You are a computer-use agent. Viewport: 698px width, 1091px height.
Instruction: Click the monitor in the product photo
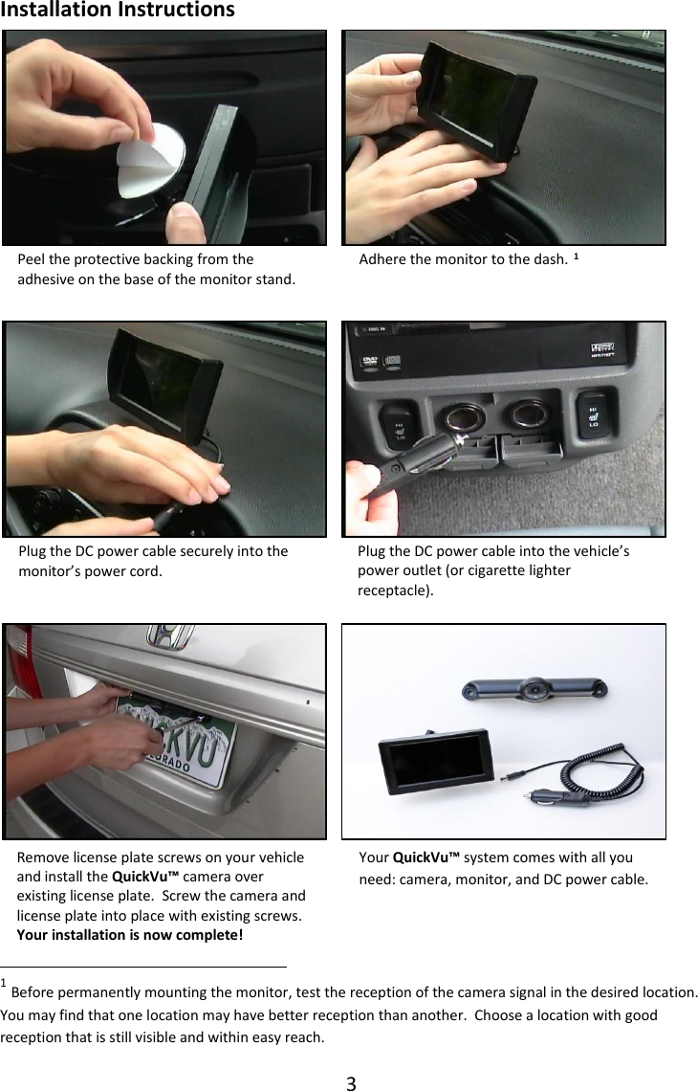pos(435,765)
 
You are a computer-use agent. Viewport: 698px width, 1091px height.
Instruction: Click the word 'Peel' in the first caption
pos(32,259)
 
